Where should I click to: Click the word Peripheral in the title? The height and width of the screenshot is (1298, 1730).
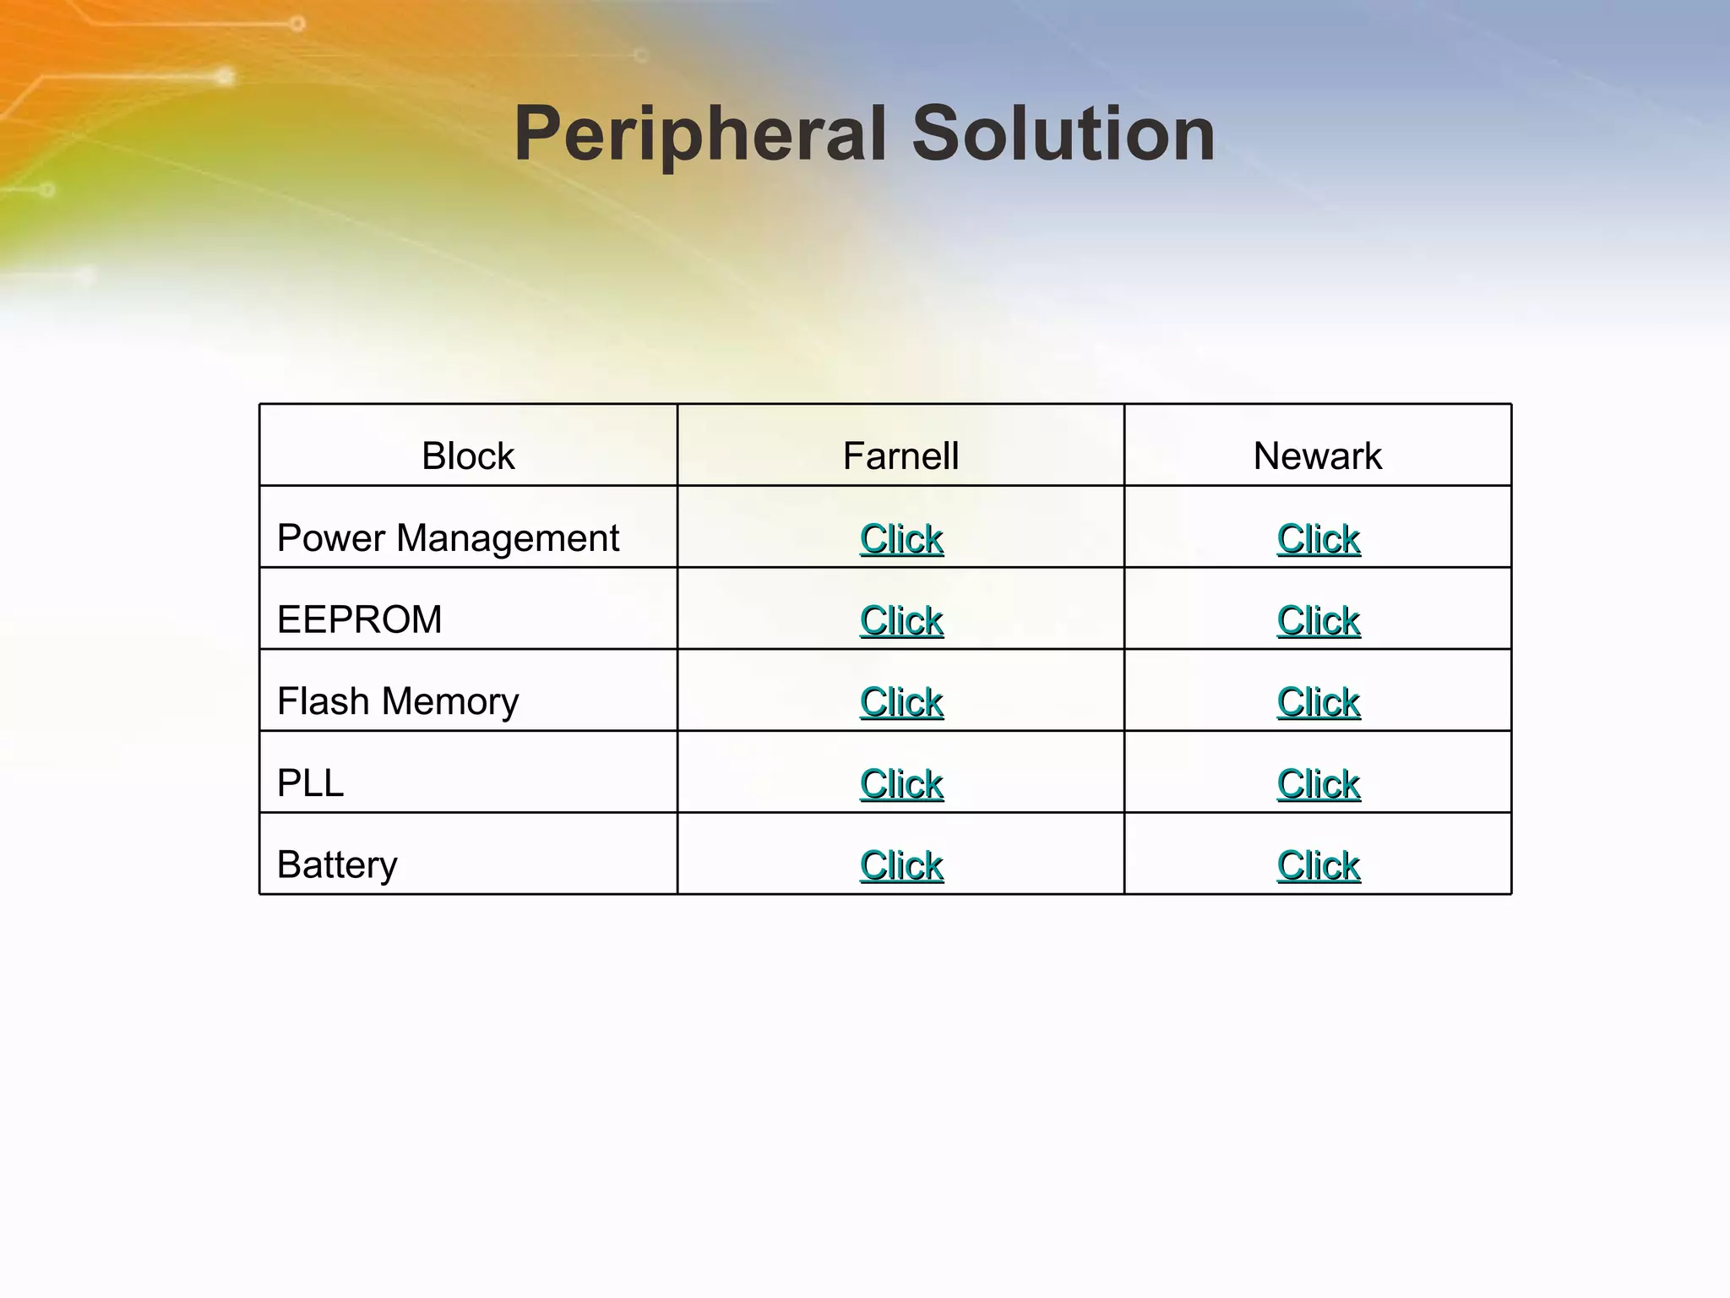699,134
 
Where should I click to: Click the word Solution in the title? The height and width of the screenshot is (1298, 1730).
1064,134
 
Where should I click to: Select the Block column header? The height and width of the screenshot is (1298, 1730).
468,456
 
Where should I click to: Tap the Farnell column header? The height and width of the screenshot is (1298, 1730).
900,456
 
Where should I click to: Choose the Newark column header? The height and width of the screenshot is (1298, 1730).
1317,456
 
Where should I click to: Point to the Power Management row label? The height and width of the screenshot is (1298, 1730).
448,538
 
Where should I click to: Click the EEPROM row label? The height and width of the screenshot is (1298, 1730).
359,619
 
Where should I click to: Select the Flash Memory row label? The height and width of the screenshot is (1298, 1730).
398,701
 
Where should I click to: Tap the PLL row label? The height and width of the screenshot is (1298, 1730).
310,783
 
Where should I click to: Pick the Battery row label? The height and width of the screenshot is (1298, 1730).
337,864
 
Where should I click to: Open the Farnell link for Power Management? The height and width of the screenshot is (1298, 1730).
901,539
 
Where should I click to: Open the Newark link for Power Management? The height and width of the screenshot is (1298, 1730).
1318,539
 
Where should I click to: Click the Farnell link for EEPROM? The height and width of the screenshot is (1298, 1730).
901,620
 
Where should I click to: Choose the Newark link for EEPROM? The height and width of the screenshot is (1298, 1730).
1318,620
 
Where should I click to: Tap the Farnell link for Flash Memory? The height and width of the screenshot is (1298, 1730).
901,702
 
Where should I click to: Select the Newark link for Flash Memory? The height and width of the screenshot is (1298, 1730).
1318,702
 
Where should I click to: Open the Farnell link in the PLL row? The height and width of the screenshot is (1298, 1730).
901,784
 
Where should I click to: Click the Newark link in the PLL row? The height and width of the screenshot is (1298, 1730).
1318,784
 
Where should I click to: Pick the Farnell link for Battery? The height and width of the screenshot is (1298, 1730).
901,865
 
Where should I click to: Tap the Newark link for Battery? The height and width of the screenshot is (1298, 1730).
1318,865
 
